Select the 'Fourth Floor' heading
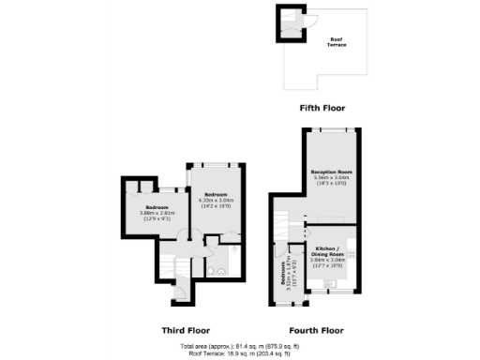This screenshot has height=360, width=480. [x=316, y=330]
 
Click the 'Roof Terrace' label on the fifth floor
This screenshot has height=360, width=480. [x=335, y=42]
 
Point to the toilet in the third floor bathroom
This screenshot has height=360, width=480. [x=215, y=272]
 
